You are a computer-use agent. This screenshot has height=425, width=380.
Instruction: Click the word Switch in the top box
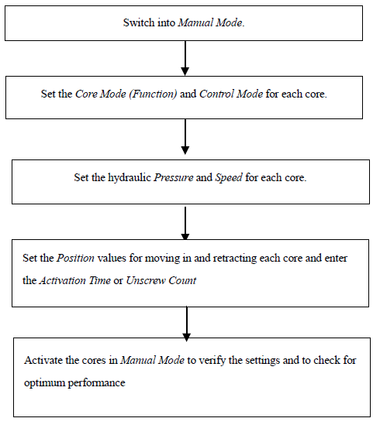139,22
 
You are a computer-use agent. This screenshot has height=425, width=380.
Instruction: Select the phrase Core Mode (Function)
126,94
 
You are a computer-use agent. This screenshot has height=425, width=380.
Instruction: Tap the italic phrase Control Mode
231,94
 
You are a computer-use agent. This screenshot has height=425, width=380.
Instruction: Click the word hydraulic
130,178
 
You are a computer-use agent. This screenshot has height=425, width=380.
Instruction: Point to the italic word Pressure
174,177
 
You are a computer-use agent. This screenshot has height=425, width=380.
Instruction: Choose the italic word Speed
229,178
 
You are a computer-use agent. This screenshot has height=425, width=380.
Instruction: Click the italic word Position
75,258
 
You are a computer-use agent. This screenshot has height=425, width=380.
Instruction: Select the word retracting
235,259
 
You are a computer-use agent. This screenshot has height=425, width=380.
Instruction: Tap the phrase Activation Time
75,280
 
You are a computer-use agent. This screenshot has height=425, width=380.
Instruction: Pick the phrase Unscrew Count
161,280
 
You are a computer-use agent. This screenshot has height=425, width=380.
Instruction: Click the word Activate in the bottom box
43,361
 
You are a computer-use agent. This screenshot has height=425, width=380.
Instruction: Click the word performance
96,383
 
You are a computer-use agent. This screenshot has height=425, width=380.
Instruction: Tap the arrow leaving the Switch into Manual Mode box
185,58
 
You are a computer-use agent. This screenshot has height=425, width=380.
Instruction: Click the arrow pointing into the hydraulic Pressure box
185,137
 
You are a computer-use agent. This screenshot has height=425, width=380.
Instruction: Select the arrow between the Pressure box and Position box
185,224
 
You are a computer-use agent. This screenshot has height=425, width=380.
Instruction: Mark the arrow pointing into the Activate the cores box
187,324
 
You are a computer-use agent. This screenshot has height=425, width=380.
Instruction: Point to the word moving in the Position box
162,259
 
